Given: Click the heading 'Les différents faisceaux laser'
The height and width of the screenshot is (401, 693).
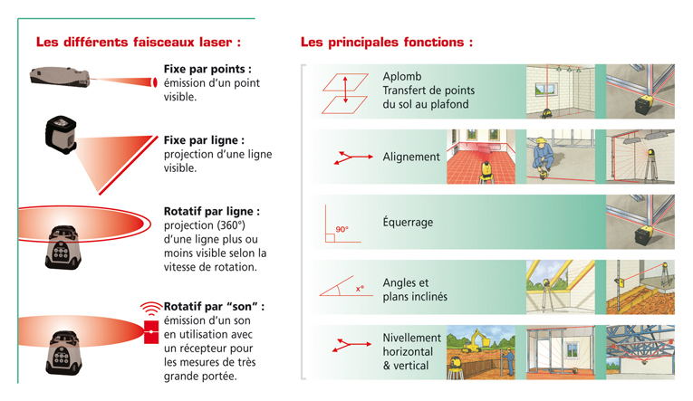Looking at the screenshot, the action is pyautogui.click(x=134, y=42).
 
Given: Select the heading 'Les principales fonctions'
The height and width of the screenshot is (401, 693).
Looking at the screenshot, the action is pyautogui.click(x=382, y=42).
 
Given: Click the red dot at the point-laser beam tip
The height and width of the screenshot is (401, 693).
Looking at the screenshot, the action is pyautogui.click(x=155, y=82).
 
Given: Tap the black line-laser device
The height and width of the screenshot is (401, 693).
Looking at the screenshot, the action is pyautogui.click(x=61, y=135).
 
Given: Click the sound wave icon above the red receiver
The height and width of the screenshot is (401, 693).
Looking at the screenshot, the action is pyautogui.click(x=151, y=309).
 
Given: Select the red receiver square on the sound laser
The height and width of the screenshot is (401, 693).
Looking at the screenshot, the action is pyautogui.click(x=151, y=331).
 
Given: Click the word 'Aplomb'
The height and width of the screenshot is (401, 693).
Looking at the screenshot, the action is pyautogui.click(x=401, y=76).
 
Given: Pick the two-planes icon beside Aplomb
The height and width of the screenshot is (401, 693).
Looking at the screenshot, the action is pyautogui.click(x=345, y=93).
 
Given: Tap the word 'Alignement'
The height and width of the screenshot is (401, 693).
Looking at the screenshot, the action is pyautogui.click(x=411, y=157).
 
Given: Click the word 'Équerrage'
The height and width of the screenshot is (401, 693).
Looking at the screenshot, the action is pyautogui.click(x=408, y=222).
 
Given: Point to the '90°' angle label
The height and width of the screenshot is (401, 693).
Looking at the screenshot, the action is pyautogui.click(x=342, y=229).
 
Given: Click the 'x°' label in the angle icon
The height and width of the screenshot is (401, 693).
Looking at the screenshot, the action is pyautogui.click(x=360, y=289).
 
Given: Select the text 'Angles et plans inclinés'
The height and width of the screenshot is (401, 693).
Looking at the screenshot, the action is pyautogui.click(x=415, y=290).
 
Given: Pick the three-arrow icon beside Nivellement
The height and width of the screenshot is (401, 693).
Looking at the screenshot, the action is pyautogui.click(x=351, y=345).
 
